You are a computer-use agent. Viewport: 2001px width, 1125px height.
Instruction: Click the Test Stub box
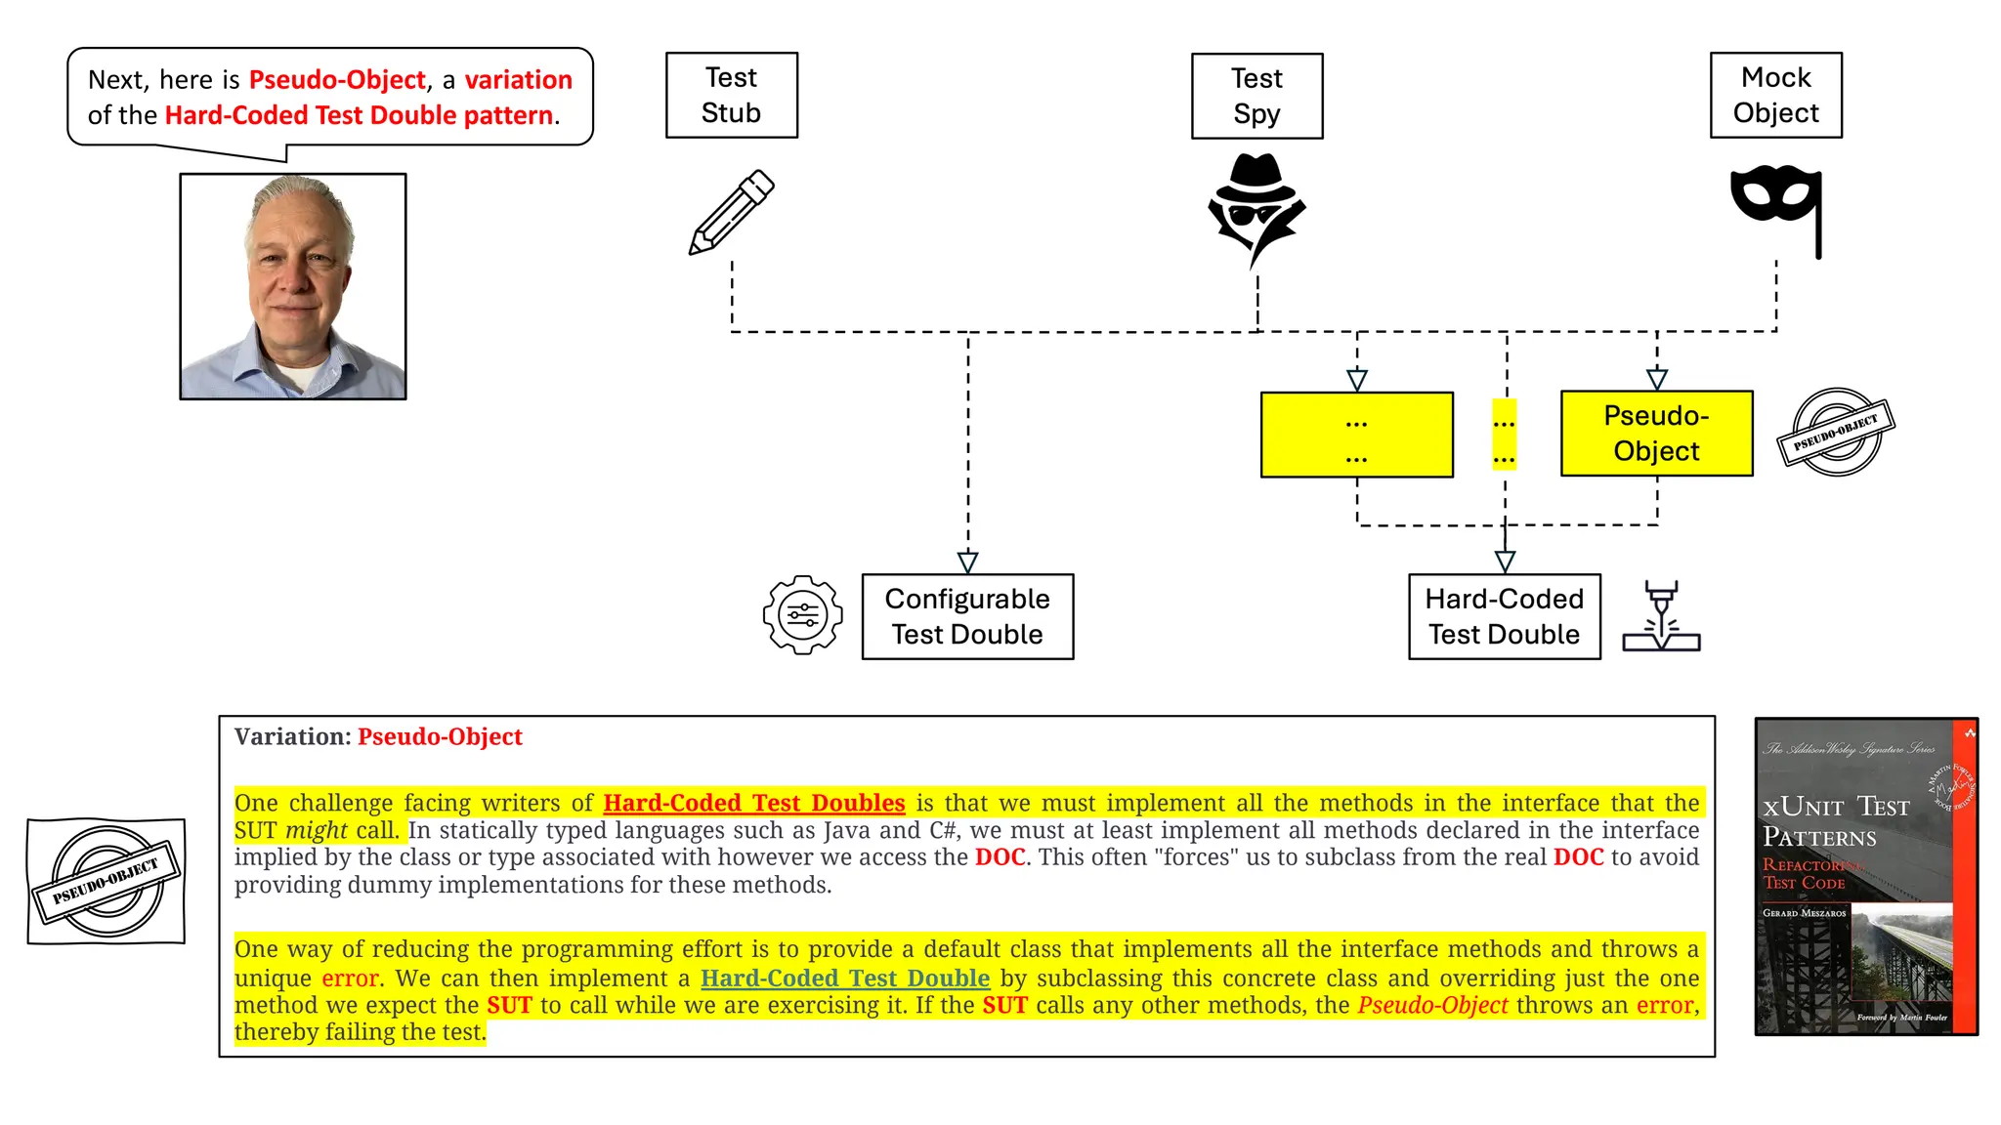point(731,95)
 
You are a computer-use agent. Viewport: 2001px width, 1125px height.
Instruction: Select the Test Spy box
point(1256,96)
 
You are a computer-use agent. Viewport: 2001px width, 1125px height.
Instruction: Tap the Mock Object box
point(1775,95)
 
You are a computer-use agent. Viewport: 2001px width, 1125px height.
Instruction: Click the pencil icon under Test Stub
point(731,212)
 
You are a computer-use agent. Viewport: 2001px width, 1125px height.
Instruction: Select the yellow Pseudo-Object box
point(1656,434)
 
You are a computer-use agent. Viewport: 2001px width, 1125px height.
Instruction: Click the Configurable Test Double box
point(967,616)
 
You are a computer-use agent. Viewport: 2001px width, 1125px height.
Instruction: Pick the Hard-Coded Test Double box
point(1504,616)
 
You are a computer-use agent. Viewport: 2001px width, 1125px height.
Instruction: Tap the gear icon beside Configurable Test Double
point(802,615)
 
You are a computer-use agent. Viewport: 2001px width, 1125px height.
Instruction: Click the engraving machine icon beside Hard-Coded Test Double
point(1661,616)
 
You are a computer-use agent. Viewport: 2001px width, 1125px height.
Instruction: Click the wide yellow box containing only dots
point(1356,435)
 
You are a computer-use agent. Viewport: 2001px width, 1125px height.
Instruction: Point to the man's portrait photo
point(293,286)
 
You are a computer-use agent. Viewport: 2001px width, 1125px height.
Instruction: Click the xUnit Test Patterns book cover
point(1866,876)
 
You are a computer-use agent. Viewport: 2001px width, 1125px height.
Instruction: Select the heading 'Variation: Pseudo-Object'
point(378,736)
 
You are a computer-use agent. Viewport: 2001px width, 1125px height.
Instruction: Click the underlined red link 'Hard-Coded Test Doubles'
point(753,803)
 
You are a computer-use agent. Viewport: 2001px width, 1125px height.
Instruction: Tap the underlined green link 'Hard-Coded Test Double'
point(845,978)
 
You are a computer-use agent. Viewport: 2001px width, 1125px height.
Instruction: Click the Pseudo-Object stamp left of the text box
point(106,881)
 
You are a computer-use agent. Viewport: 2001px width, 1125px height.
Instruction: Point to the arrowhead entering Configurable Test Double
point(967,562)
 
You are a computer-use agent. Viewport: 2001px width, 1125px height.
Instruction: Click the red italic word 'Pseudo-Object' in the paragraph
point(1432,1005)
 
